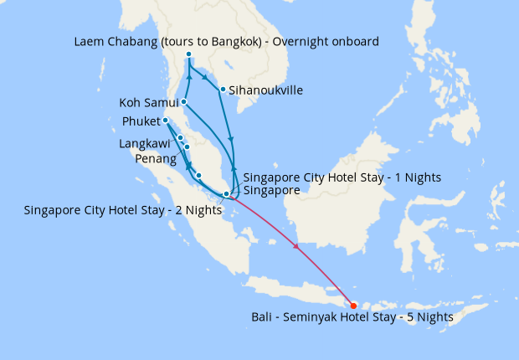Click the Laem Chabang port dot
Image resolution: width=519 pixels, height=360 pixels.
point(188,55)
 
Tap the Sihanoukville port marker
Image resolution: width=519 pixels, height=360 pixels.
point(222,90)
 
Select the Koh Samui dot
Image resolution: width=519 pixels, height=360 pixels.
point(182,103)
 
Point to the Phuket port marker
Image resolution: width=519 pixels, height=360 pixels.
point(166,121)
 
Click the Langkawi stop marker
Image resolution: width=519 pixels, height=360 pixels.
point(180,137)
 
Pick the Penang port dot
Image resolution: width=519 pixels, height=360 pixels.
point(187,147)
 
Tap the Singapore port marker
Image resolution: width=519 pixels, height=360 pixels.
point(226,194)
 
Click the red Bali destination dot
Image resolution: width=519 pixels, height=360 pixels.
point(353,306)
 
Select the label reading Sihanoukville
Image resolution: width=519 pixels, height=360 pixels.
point(266,90)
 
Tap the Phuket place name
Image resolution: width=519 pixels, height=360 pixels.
point(141,121)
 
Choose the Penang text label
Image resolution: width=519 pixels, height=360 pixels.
point(154,158)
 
